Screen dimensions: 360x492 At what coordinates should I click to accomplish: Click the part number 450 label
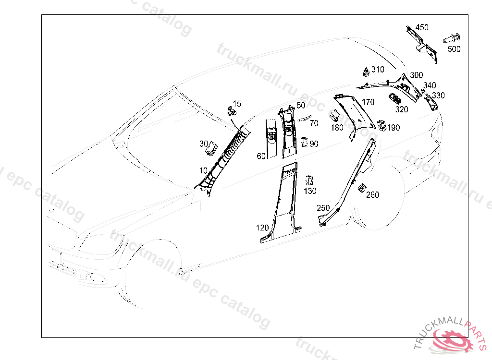point(422,27)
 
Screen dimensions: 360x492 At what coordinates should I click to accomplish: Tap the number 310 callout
point(378,70)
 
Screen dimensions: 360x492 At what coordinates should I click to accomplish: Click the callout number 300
point(416,75)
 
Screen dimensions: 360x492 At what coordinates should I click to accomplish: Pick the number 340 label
point(430,85)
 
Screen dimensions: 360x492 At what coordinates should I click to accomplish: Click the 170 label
point(368,102)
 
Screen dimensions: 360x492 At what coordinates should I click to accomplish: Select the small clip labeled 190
point(382,125)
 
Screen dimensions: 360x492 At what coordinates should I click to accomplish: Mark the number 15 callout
point(237,104)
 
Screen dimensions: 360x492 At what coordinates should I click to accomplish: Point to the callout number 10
point(203,170)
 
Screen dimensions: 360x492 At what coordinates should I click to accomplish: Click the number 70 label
point(314,123)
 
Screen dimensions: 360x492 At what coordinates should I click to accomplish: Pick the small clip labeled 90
point(304,142)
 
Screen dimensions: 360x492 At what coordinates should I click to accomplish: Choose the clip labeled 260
point(362,188)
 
